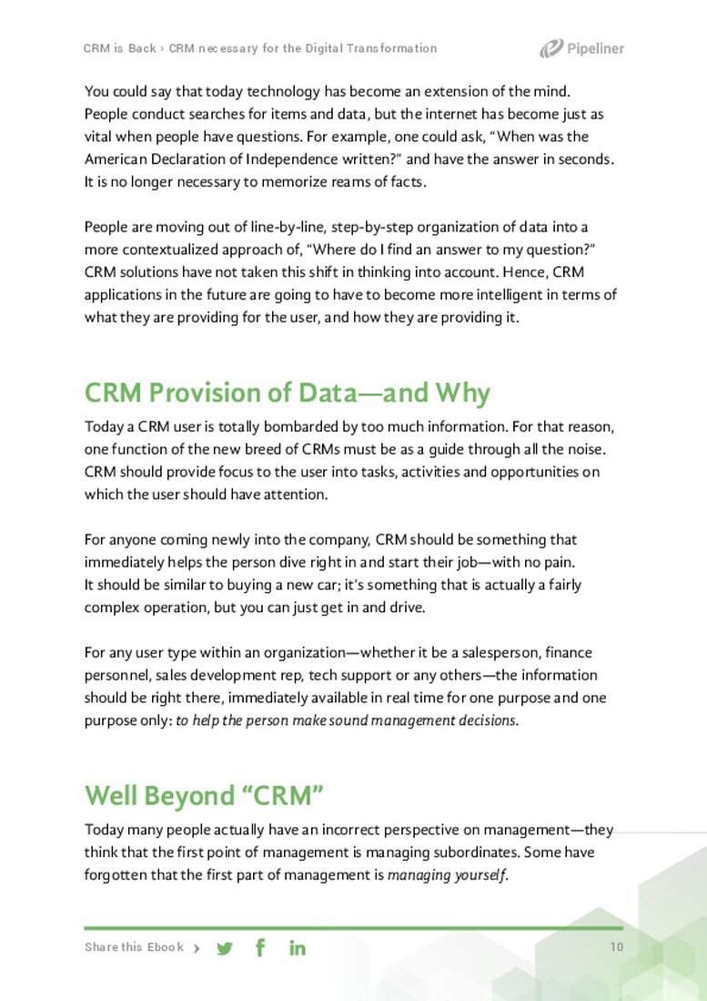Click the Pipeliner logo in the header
click(x=581, y=49)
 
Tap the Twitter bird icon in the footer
click(x=225, y=948)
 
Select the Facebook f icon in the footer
click(x=260, y=947)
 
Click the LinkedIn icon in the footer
click(x=298, y=948)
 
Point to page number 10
click(x=617, y=947)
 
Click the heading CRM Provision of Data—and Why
click(x=287, y=393)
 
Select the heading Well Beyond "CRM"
click(x=205, y=796)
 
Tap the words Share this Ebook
click(x=134, y=947)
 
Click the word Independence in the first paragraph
click(x=288, y=158)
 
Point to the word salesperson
click(x=502, y=653)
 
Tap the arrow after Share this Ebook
click(x=197, y=948)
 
